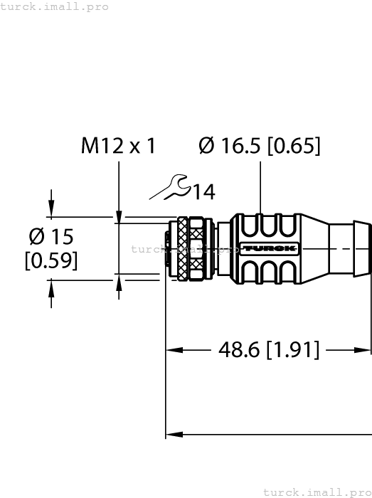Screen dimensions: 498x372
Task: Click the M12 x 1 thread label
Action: click(118, 146)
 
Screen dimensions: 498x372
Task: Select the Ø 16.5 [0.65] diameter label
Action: click(260, 146)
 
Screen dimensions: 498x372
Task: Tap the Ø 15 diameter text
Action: click(51, 236)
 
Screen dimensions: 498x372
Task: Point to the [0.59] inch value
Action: click(51, 261)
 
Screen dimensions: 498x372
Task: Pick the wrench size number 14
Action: click(203, 191)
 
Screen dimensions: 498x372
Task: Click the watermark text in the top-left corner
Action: click(55, 6)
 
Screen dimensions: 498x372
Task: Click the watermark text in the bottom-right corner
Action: click(317, 492)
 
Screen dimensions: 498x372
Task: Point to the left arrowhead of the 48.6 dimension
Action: click(172, 349)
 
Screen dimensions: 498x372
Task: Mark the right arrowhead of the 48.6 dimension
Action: click(365, 349)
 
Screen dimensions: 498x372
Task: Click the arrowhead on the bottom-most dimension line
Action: click(172, 433)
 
